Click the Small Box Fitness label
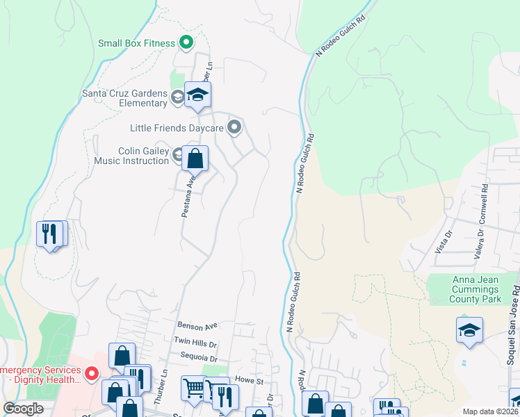click(136, 43)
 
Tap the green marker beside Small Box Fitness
click(186, 43)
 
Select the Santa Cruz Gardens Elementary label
click(125, 98)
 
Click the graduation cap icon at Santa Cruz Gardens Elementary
click(197, 97)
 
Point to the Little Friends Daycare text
click(177, 128)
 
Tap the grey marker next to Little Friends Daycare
click(234, 127)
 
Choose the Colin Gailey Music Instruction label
click(133, 156)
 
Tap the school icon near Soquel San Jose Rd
click(469, 330)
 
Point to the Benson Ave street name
click(197, 325)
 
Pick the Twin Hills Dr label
click(195, 343)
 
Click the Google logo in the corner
click(23, 408)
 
